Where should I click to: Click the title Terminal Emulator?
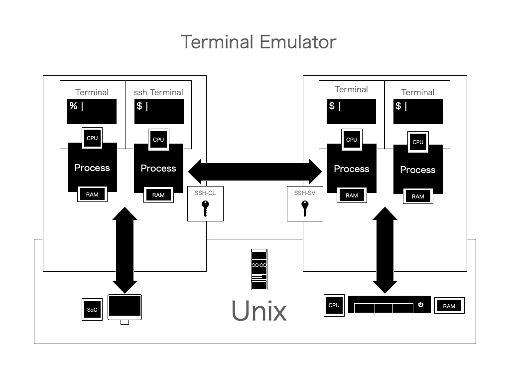click(x=258, y=42)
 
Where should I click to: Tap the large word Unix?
click(x=259, y=311)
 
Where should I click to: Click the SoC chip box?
click(x=92, y=309)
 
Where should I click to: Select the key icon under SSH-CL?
click(x=205, y=208)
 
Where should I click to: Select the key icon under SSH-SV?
click(x=305, y=208)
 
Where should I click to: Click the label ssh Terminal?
click(x=158, y=92)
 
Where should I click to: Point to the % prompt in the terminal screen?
click(x=74, y=106)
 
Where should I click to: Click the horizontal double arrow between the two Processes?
click(x=255, y=172)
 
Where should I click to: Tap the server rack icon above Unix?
click(x=259, y=269)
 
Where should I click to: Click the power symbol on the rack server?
click(x=420, y=305)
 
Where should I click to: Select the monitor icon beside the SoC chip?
click(x=125, y=309)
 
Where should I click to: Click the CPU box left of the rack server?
click(x=334, y=305)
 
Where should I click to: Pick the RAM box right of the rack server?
click(x=449, y=306)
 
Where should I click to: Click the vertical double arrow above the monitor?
click(x=125, y=250)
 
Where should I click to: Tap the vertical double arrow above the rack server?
click(x=385, y=250)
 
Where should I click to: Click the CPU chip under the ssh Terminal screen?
click(x=158, y=140)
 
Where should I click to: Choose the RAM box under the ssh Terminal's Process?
click(x=158, y=195)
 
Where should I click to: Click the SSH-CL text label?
click(x=205, y=193)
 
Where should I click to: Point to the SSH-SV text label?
click(x=305, y=193)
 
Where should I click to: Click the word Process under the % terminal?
click(x=92, y=168)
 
